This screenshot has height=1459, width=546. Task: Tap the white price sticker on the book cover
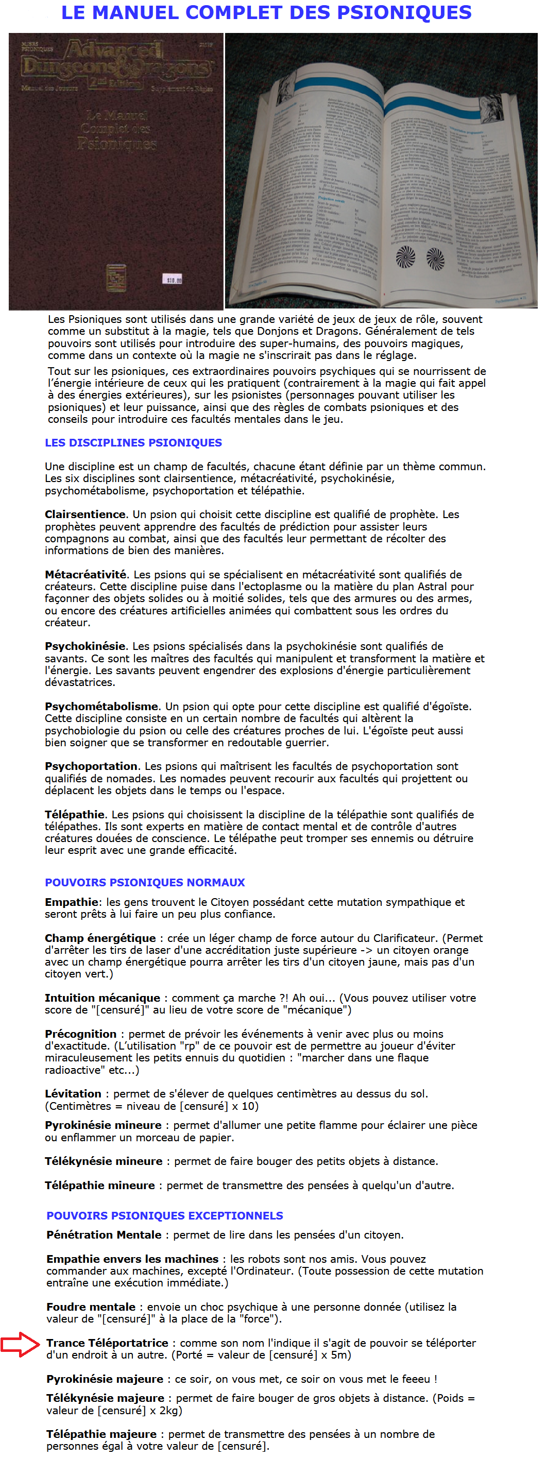173,279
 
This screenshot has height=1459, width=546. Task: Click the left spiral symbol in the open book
405,256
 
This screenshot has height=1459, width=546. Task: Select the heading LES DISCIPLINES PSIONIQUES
133,442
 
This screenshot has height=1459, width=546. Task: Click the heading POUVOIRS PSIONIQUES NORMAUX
144,882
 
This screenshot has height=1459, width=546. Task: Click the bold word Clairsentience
85,514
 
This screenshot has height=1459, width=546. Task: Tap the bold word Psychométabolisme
101,706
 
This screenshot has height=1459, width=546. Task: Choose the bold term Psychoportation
91,766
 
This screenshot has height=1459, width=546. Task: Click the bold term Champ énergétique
100,938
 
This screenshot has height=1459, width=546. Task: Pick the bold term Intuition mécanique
102,998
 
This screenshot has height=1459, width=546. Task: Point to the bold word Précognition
80,1034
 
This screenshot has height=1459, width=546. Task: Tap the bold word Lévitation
73,1094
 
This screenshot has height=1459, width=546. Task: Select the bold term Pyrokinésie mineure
103,1125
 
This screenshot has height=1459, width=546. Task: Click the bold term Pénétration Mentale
104,1234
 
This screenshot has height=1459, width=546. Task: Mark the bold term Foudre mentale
91,1307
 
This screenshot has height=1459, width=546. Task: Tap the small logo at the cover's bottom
116,278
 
